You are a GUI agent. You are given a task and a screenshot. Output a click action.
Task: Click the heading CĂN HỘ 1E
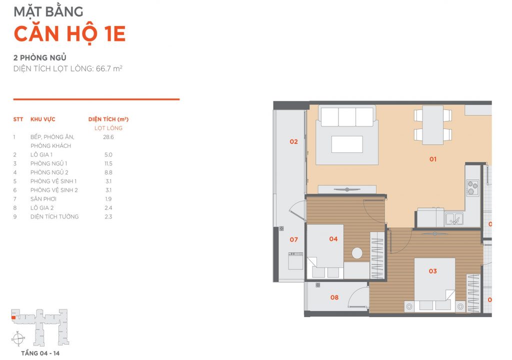click(x=69, y=33)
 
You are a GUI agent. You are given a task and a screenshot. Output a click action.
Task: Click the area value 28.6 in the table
click(x=108, y=137)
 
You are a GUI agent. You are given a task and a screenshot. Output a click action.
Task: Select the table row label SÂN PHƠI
click(x=43, y=199)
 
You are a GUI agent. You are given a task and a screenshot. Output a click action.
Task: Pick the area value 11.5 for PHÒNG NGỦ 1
click(x=108, y=163)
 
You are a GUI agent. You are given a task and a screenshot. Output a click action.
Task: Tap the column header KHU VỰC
click(x=43, y=119)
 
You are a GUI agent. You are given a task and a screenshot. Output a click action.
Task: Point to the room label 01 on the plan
click(x=433, y=159)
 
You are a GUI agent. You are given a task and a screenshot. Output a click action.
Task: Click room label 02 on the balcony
click(x=293, y=141)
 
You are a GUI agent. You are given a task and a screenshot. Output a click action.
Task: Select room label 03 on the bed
click(x=432, y=271)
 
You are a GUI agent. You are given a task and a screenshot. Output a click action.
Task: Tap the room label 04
click(x=333, y=239)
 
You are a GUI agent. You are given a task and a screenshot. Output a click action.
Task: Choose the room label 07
click(x=293, y=240)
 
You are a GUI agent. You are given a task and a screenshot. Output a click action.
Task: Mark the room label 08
click(x=334, y=297)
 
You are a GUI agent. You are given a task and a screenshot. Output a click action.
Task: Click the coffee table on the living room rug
click(x=347, y=144)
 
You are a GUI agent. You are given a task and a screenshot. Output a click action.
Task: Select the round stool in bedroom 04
click(x=357, y=253)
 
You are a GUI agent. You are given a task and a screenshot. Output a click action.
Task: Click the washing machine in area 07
click(x=295, y=261)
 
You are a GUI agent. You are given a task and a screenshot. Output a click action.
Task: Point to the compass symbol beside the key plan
click(x=18, y=339)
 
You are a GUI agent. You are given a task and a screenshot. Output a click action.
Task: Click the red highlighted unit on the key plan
click(x=13, y=317)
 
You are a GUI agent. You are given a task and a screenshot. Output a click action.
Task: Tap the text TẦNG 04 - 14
click(x=40, y=353)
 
